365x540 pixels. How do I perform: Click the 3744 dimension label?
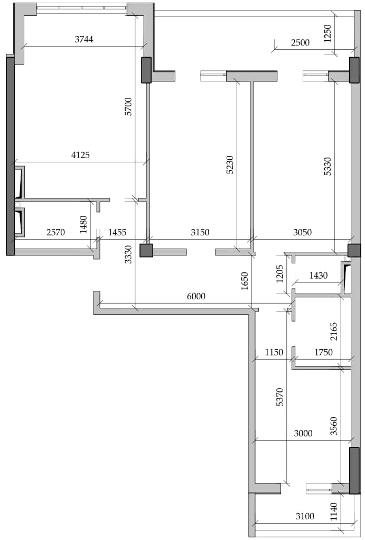(x=84, y=39)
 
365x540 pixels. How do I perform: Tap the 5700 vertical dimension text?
(x=128, y=107)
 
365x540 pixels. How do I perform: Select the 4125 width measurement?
(x=80, y=155)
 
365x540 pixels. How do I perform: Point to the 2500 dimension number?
(x=301, y=43)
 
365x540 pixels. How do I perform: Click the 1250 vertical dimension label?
(x=327, y=33)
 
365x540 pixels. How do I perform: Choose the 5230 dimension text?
(x=230, y=165)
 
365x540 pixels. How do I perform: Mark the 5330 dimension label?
(x=327, y=167)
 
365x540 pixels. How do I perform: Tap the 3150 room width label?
(x=200, y=233)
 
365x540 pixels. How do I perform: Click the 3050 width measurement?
(x=302, y=233)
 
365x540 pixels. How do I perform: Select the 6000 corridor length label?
(x=196, y=296)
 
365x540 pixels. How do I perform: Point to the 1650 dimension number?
(x=245, y=281)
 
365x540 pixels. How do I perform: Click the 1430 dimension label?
(x=318, y=276)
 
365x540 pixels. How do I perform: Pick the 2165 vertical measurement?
(x=334, y=331)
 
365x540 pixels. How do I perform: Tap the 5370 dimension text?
(x=280, y=397)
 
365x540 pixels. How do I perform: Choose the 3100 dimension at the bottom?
(x=305, y=516)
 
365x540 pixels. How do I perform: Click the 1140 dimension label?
(x=334, y=512)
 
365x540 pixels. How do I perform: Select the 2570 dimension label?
(x=56, y=233)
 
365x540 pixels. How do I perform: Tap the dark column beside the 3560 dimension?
(x=354, y=470)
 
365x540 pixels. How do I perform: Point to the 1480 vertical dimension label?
(x=83, y=225)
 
